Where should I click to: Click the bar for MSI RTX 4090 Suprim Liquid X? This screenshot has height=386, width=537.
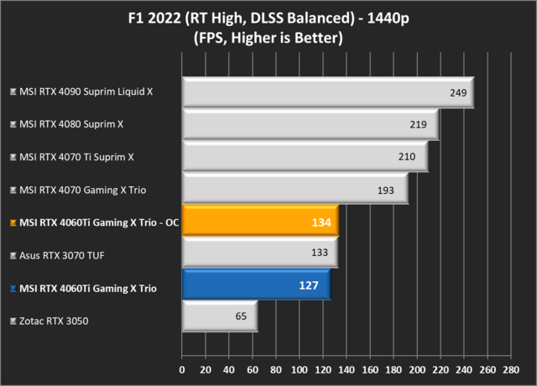327,92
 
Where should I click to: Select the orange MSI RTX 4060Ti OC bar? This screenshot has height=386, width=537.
259,222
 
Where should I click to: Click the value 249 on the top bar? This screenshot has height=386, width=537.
458,92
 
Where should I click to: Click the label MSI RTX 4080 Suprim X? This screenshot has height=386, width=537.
71,124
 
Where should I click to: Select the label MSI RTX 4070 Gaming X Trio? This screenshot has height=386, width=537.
82,190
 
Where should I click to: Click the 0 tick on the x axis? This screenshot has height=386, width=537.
182,368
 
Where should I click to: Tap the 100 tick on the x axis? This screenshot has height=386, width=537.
300,368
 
